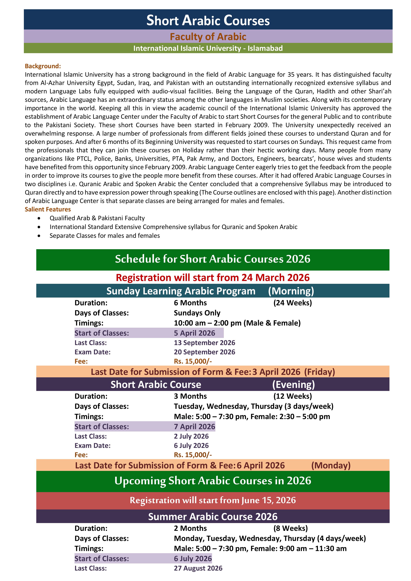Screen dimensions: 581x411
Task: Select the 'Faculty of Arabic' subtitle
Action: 208,37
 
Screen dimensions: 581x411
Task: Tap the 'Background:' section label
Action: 43,66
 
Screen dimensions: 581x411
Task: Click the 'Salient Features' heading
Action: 48,209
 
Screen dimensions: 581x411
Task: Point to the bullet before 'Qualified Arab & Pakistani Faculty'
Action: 39,218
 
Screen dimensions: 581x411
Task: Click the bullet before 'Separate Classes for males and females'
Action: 39,236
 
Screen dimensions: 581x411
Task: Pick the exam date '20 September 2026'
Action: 204,352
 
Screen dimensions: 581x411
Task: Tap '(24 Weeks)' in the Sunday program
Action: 293,303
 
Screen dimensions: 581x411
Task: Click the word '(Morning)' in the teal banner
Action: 291,291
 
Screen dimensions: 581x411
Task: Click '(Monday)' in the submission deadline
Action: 331,465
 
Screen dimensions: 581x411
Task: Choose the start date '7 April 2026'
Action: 194,427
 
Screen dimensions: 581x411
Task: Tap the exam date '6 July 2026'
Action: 191,446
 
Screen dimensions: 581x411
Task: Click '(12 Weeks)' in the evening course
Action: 293,396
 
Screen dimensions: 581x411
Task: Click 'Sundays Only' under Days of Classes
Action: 197,313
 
